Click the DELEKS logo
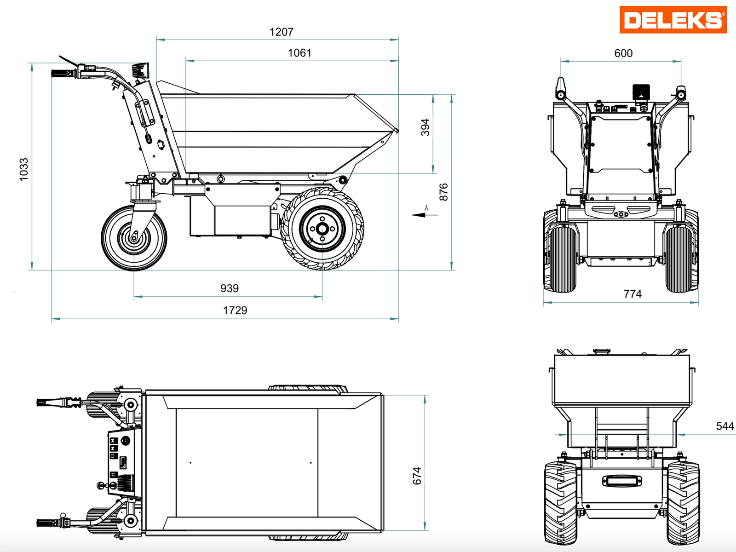[673, 20]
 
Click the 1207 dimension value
[281, 32]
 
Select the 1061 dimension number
[299, 53]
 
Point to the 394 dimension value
[425, 127]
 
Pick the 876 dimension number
[443, 192]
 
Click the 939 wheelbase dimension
[229, 288]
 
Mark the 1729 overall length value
[235, 310]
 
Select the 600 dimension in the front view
[623, 53]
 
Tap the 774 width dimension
[632, 294]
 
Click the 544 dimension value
[724, 426]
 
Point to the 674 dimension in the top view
[417, 476]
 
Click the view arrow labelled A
[420, 214]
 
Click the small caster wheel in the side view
[134, 237]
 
